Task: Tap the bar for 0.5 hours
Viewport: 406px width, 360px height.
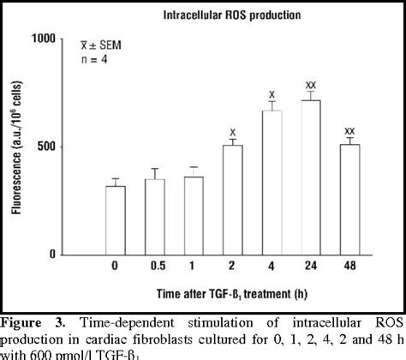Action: click(x=155, y=216)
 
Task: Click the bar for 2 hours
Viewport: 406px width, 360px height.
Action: click(x=233, y=199)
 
